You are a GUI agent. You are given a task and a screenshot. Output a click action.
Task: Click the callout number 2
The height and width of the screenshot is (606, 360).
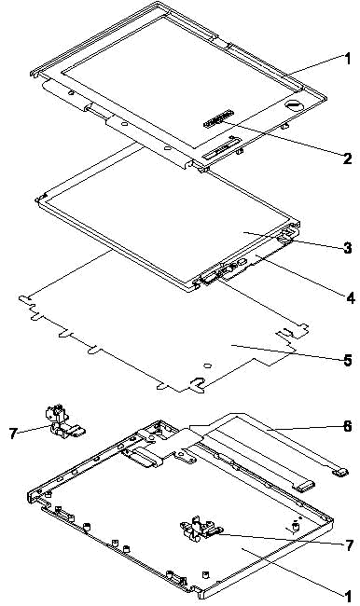coord(347,158)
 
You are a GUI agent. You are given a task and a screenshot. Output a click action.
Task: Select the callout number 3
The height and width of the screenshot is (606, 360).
coord(347,248)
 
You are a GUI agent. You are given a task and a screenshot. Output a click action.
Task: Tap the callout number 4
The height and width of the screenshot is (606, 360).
coord(350,298)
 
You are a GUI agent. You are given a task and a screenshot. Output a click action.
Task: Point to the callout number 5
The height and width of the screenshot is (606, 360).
coord(347,360)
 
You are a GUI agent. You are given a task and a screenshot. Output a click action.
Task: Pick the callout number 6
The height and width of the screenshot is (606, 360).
coord(347,426)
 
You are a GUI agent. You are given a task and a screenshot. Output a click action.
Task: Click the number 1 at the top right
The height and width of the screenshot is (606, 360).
coord(348,59)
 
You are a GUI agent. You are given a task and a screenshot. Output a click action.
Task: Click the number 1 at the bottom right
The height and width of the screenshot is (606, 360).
coord(348,596)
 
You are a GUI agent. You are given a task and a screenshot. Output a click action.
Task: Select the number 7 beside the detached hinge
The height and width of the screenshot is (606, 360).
coord(14,434)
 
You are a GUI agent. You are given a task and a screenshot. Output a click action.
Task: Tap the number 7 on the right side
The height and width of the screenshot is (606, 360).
coord(349,545)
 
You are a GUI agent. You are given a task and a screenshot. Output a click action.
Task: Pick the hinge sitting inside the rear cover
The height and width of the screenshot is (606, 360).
coord(200,528)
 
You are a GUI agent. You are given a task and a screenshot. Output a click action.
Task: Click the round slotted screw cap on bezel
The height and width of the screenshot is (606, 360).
coord(292,104)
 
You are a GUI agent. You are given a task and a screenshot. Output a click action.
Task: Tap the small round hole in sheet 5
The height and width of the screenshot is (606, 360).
coord(207,365)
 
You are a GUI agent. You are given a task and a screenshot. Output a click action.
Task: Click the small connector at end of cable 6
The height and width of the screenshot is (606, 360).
coord(339,472)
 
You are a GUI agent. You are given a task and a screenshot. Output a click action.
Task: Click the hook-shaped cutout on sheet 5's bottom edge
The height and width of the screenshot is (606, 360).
coord(197,384)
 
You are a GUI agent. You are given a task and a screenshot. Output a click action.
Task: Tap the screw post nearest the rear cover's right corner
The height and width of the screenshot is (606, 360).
coord(297,526)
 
